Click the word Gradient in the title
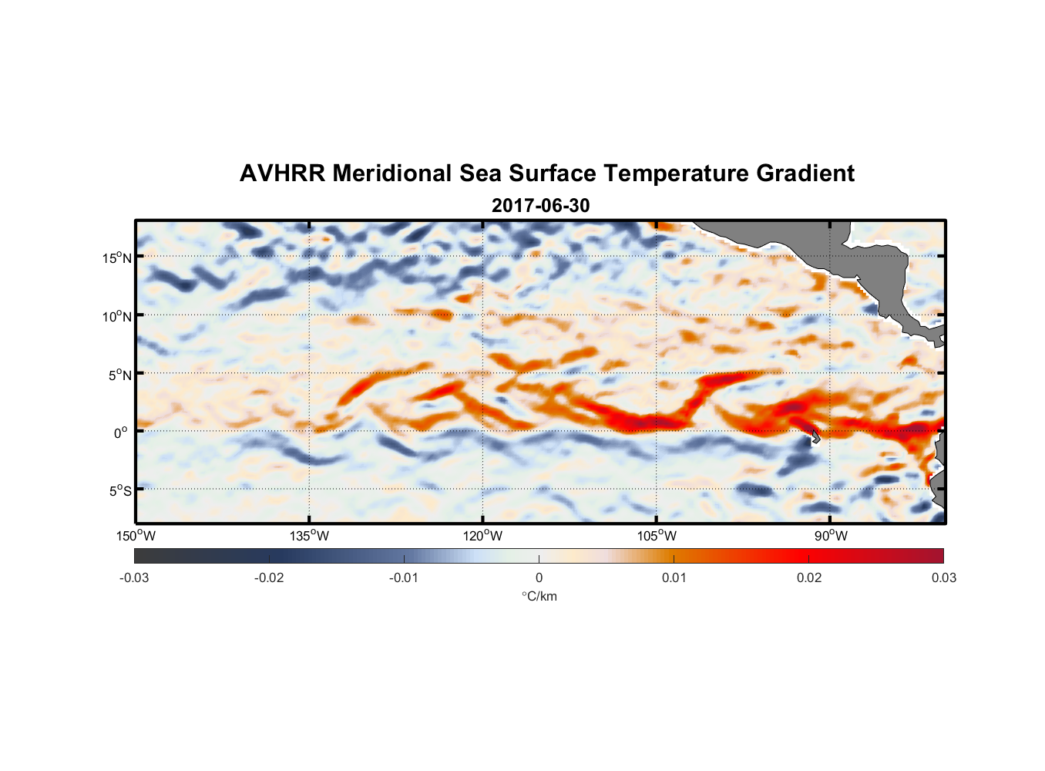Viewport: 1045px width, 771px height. coord(805,173)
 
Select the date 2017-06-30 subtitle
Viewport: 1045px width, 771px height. coord(540,205)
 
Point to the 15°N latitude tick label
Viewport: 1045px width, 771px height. coord(117,258)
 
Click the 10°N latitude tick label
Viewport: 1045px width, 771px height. coord(117,316)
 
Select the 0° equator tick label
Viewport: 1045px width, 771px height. coord(121,433)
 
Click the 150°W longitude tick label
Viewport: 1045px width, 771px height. coord(136,536)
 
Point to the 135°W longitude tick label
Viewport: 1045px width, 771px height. coord(310,536)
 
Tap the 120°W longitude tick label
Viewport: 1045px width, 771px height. coord(483,536)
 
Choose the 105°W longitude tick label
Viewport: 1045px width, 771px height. coord(657,536)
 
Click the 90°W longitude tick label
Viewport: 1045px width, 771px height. coord(831,536)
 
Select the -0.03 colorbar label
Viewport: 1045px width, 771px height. coord(134,577)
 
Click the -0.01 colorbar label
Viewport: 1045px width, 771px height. coord(404,577)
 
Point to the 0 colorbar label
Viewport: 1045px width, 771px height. coord(539,577)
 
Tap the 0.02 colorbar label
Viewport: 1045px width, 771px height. coord(809,577)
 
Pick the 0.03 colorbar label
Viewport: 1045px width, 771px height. coord(943,577)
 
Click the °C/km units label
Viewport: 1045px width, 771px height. coord(539,596)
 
